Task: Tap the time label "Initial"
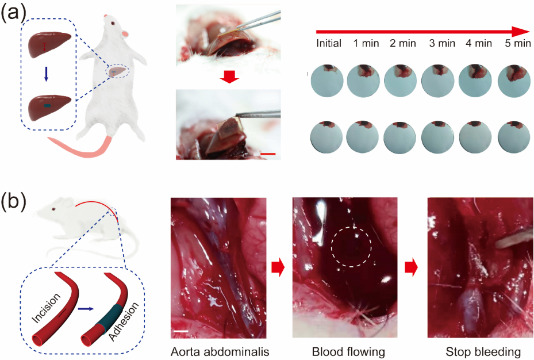[x=329, y=43]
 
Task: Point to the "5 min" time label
[x=517, y=43]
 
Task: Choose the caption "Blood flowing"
[x=344, y=351]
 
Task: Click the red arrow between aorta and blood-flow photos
[x=277, y=266]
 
